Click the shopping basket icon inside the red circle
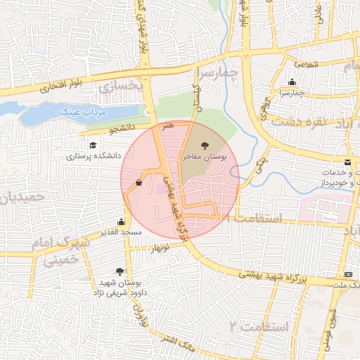(139, 183)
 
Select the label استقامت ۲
(259, 326)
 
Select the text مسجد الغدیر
(121, 232)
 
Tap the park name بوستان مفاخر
(205, 157)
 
